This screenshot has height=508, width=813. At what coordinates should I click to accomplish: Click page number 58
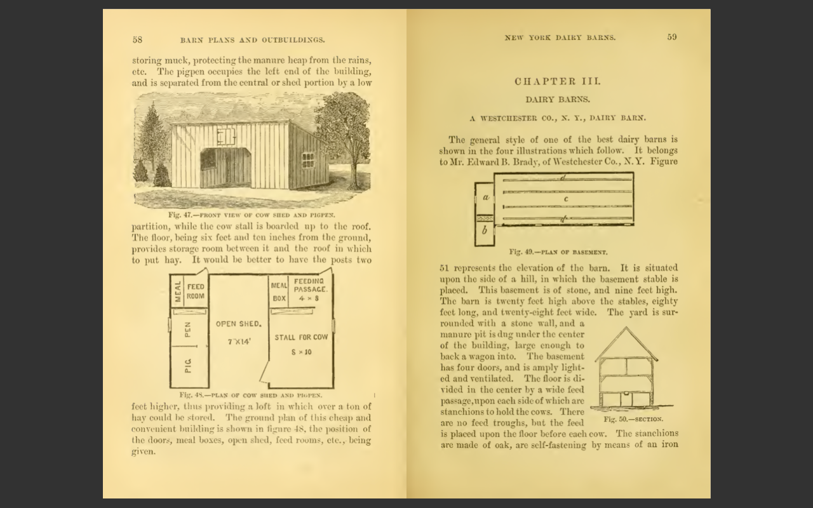click(x=137, y=39)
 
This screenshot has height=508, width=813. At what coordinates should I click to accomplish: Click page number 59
click(x=672, y=37)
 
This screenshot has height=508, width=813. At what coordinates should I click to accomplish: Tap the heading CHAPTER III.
click(x=557, y=81)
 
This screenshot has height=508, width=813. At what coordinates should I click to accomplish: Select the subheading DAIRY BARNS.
click(x=557, y=100)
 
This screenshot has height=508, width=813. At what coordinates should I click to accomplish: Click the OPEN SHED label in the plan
click(x=238, y=324)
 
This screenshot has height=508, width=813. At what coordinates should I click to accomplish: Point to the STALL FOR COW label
click(x=301, y=337)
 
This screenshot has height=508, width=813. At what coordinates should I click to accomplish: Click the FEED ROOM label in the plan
click(x=196, y=291)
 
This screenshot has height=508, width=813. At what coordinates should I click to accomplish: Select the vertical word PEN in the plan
click(x=188, y=329)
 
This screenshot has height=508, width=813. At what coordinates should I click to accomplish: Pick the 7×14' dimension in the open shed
click(x=239, y=342)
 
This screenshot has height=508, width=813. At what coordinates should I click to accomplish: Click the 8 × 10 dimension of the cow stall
click(x=301, y=352)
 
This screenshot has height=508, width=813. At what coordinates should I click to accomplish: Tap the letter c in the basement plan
click(x=565, y=199)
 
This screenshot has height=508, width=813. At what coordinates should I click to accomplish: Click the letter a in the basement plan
click(x=485, y=197)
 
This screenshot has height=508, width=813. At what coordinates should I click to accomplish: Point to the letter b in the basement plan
click(x=485, y=231)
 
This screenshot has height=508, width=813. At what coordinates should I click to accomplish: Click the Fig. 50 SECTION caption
click(x=633, y=419)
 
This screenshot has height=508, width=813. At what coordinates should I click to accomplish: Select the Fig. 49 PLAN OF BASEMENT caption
click(x=558, y=252)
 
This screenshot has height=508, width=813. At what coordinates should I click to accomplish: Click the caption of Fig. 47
click(x=252, y=215)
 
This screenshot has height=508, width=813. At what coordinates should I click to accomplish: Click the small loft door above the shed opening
click(x=224, y=136)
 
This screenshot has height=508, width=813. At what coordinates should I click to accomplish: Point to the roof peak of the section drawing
click(x=626, y=328)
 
